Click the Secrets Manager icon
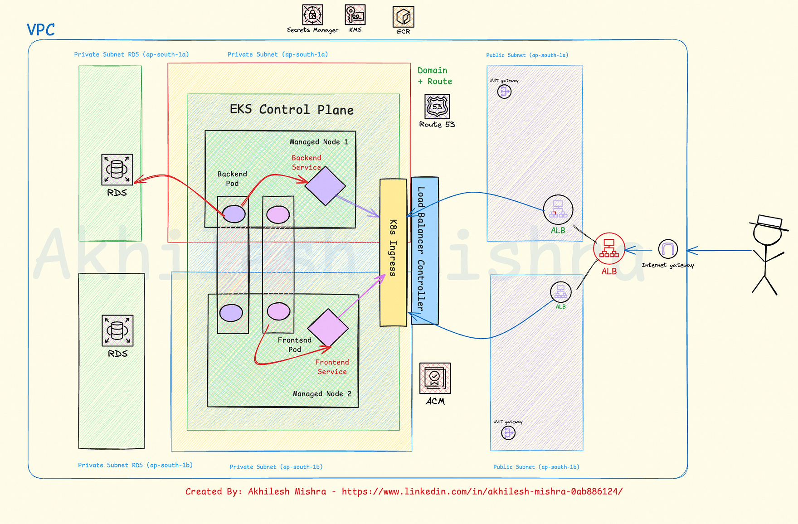coord(312,15)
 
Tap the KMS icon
coord(355,15)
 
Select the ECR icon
coord(403,17)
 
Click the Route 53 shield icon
coord(437,107)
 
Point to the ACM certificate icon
coord(435,378)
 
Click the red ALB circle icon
coord(609,248)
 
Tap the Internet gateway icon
coord(668,249)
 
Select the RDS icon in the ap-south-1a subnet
coord(117,170)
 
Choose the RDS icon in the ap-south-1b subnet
coord(117,330)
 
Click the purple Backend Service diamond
coord(325,186)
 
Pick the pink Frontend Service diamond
coord(328,327)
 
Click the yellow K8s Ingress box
coord(393,252)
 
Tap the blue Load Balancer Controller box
coord(425,250)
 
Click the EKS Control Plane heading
coord(292,110)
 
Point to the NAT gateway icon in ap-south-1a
coord(504,92)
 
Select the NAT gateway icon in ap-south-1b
coord(508,433)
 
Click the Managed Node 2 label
coord(322,394)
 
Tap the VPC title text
coord(41,30)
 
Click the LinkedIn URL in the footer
coord(482,491)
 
